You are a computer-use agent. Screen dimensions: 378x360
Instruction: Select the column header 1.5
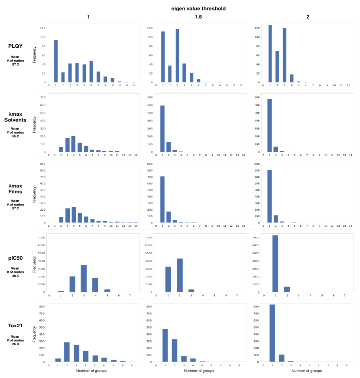(198, 17)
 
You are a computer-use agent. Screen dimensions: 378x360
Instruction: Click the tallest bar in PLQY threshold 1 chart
(56, 61)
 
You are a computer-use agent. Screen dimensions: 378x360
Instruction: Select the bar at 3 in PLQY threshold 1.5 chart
(177, 55)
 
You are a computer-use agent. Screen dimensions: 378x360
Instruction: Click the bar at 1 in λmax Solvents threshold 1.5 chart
(162, 129)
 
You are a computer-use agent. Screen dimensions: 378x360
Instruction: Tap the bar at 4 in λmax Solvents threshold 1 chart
(73, 144)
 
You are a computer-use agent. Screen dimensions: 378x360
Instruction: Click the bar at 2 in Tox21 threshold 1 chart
(67, 352)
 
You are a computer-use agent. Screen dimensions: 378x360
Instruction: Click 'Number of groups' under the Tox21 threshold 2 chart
(307, 371)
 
